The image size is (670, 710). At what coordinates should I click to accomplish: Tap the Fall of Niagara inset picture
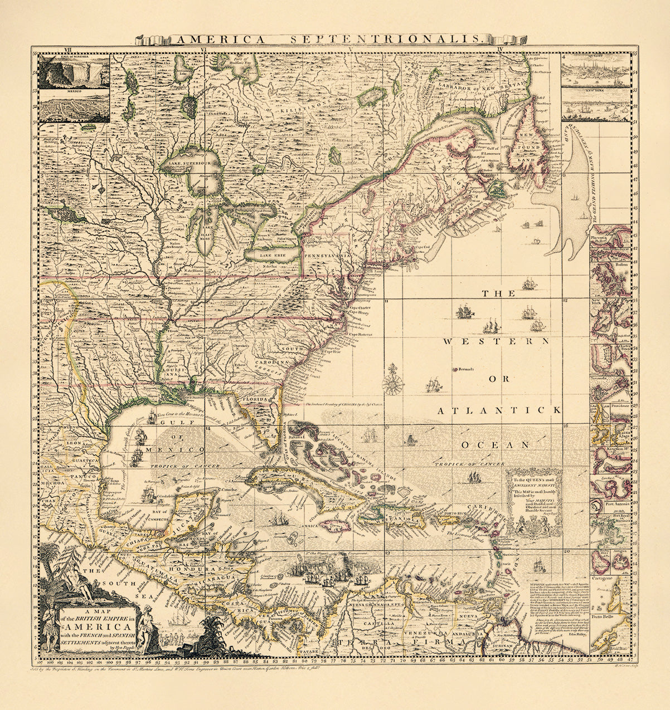coord(74,71)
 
